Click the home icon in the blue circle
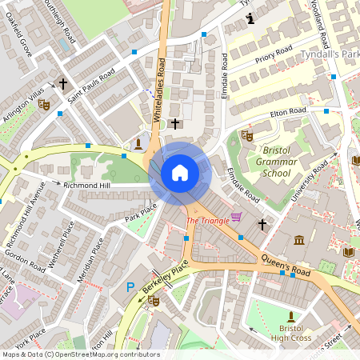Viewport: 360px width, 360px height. [180, 173]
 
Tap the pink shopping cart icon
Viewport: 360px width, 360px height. [236, 217]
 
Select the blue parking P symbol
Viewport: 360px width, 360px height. [130, 287]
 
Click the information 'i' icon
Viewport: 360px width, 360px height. [252, 18]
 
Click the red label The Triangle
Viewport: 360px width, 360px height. [206, 221]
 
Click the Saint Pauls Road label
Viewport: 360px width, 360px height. [91, 84]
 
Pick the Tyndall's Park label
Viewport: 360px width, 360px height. [330, 54]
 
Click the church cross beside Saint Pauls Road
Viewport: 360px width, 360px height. [63, 83]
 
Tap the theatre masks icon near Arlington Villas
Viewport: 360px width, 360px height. [44, 104]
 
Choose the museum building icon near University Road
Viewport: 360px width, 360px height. [299, 240]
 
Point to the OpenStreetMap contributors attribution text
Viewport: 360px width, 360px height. [80, 354]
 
